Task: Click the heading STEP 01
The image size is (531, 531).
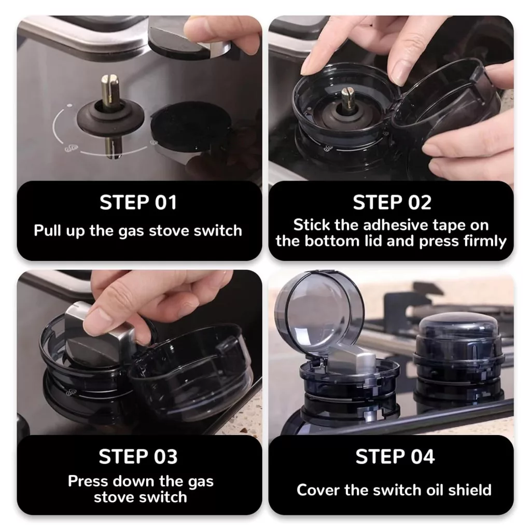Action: coord(138,203)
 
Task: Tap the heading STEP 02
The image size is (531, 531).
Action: coord(392,203)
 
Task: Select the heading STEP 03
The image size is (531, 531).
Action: coord(138,456)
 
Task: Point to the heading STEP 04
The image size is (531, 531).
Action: coord(395,456)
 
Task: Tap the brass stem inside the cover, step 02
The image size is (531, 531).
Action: coord(348,99)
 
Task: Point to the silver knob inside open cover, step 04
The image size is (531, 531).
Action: coord(352,358)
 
